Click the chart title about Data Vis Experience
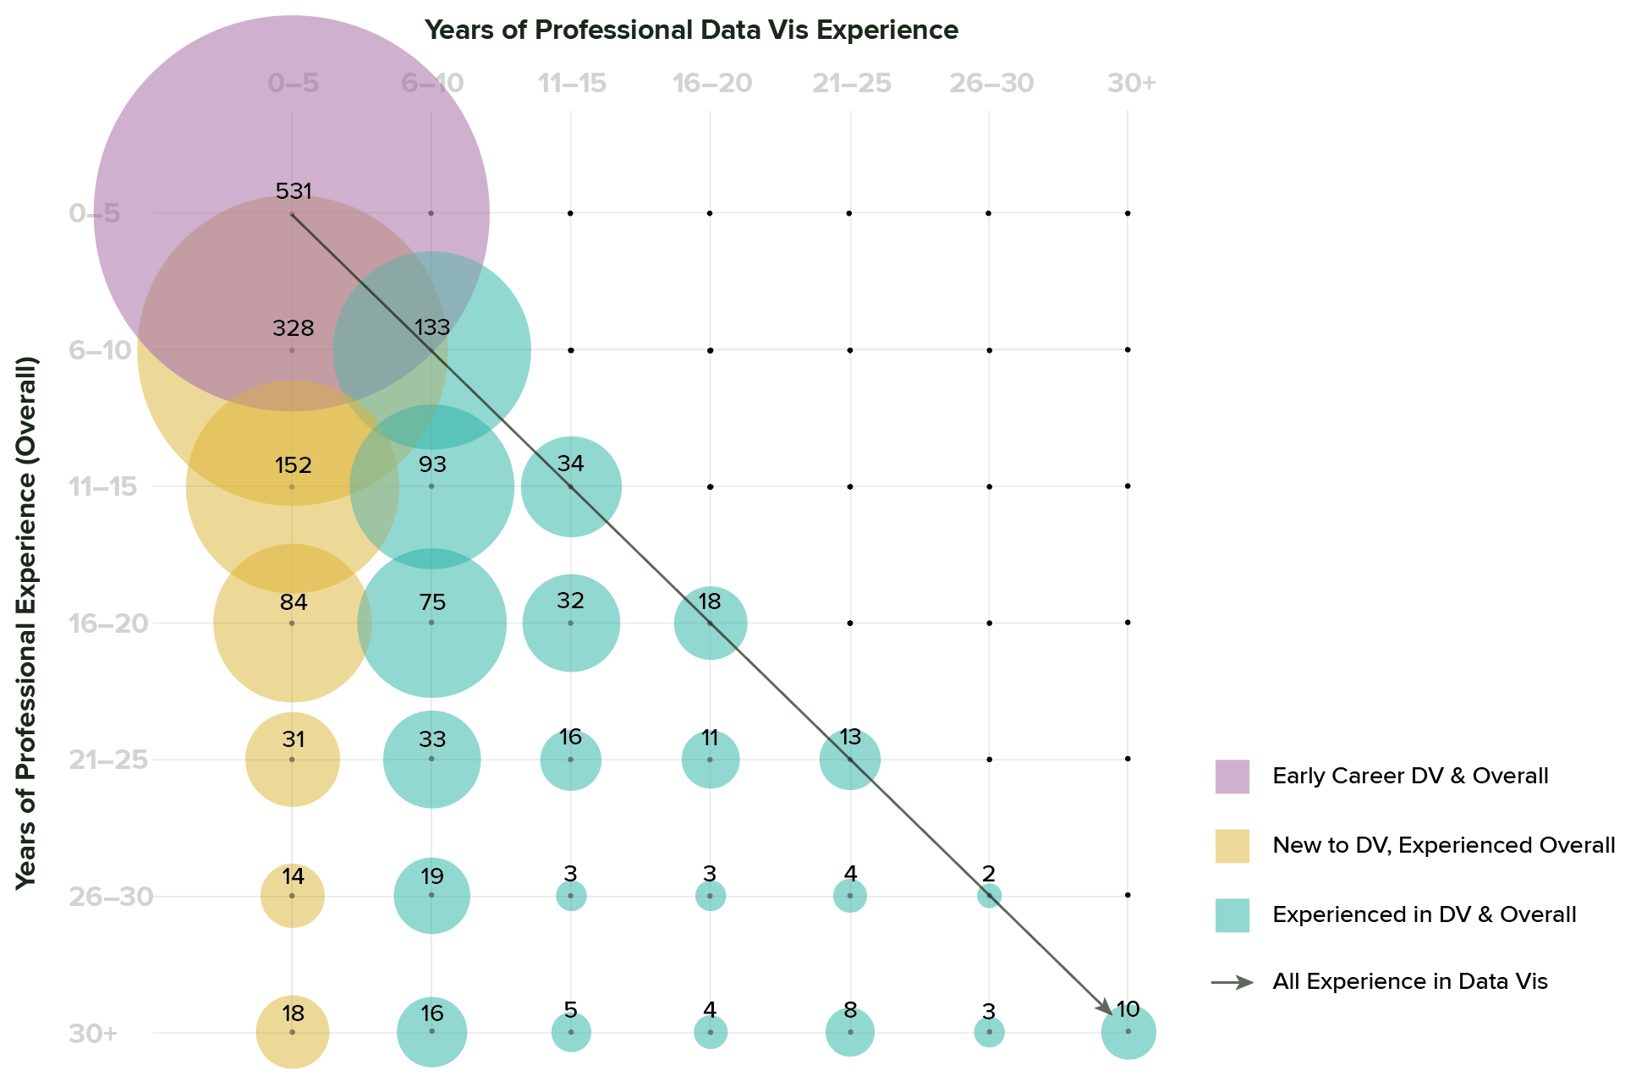point(691,30)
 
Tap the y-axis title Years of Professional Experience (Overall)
point(27,623)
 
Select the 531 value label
point(294,191)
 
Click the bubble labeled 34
point(571,487)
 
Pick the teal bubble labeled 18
point(711,623)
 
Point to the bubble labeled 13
point(850,760)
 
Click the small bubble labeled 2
point(989,896)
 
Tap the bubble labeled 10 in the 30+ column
point(1128,1033)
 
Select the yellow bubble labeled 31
point(293,760)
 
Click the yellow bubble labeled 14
point(293,896)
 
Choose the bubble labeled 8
point(850,1033)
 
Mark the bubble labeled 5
point(571,1033)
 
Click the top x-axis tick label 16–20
point(711,84)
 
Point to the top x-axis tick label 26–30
point(991,84)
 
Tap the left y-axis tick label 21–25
point(109,760)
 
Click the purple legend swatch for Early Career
point(1232,777)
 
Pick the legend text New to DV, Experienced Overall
point(1443,845)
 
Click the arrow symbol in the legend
point(1232,982)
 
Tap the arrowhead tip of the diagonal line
point(1111,1013)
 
